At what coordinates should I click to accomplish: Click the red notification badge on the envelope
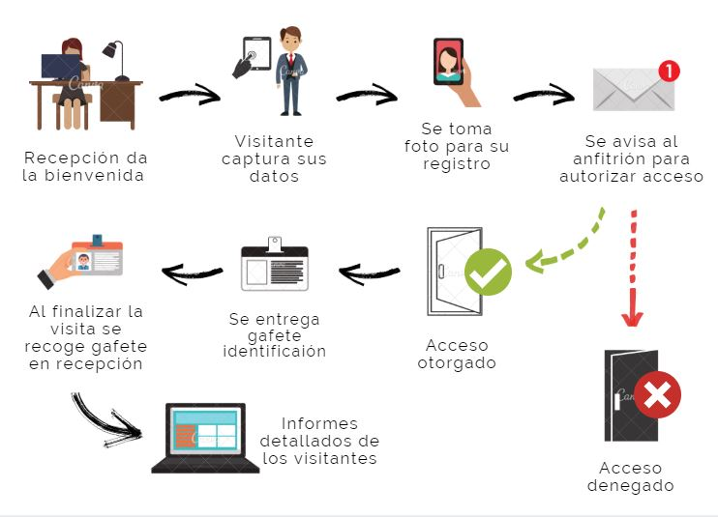(668, 71)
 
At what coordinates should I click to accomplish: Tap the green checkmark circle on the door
(488, 273)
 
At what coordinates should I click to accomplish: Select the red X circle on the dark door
(658, 395)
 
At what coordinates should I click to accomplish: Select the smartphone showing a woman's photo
(448, 63)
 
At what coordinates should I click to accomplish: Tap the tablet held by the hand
(255, 53)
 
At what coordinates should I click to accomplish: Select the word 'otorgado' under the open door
(457, 363)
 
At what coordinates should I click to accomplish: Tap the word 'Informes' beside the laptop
(319, 423)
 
